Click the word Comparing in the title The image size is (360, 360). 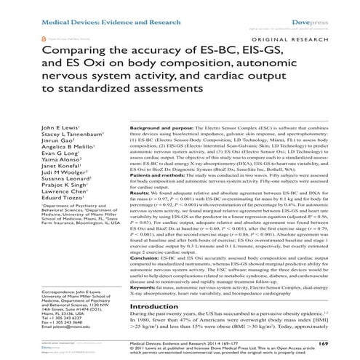[72, 52]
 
